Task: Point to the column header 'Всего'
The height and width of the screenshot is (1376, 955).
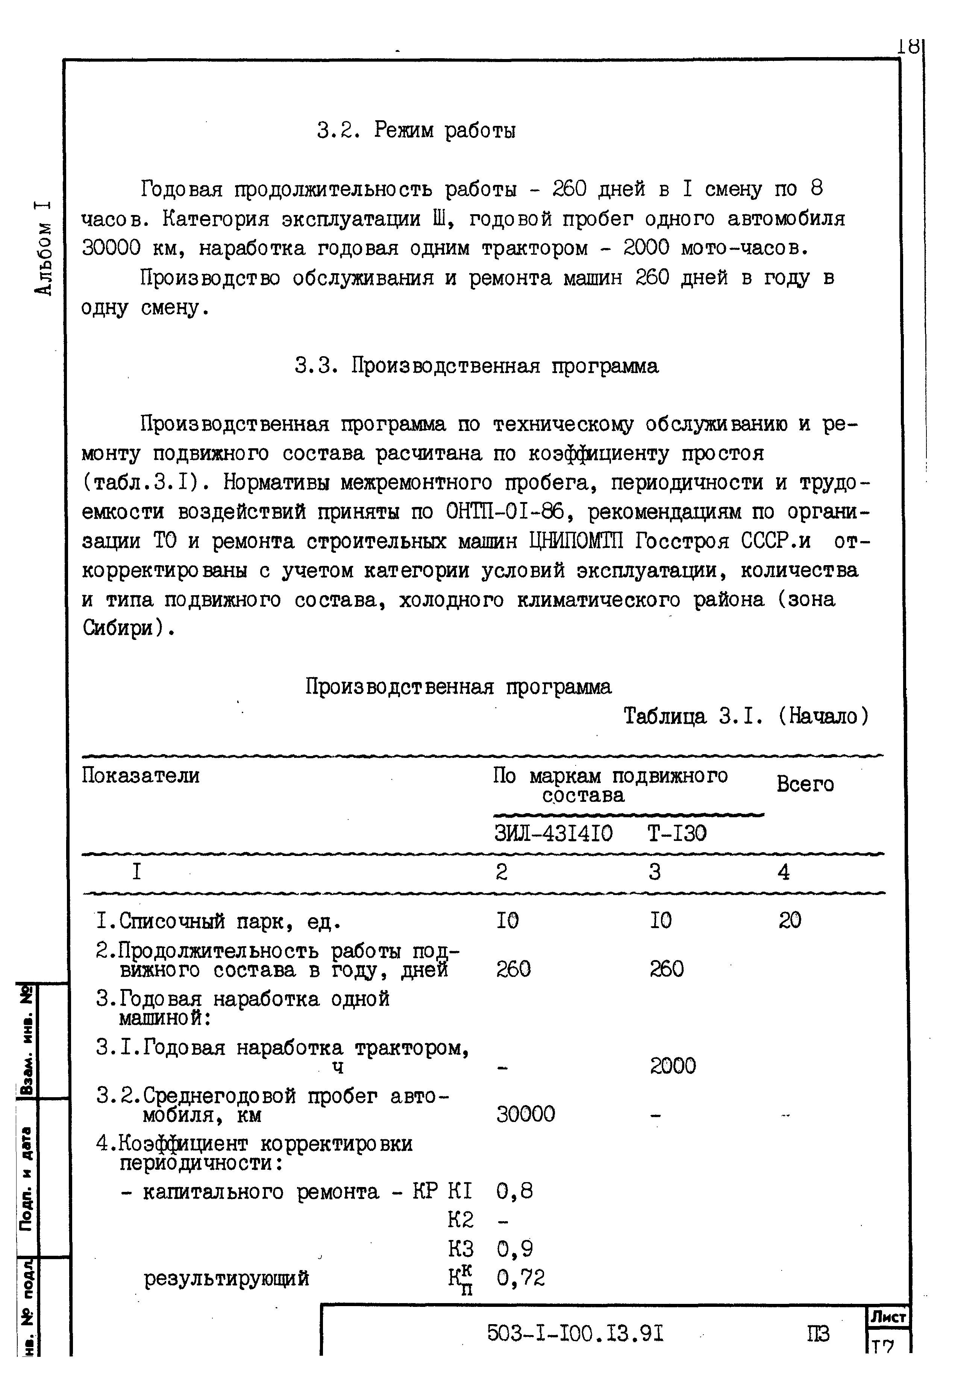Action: [x=805, y=784]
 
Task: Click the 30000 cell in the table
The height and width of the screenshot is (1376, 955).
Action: [x=525, y=1114]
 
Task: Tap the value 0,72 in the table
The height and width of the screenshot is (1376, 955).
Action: [x=521, y=1278]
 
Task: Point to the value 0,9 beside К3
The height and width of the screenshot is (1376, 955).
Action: [x=515, y=1249]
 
